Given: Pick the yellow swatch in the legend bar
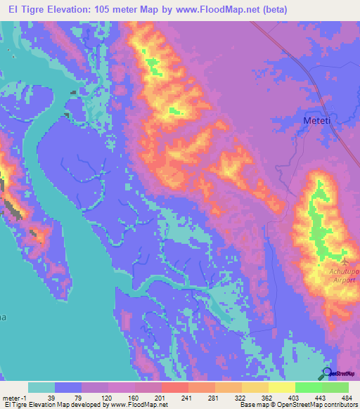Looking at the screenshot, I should tap(281, 387).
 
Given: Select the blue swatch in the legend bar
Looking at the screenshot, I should tap(68, 387).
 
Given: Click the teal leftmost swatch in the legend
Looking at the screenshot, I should tap(41, 387).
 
